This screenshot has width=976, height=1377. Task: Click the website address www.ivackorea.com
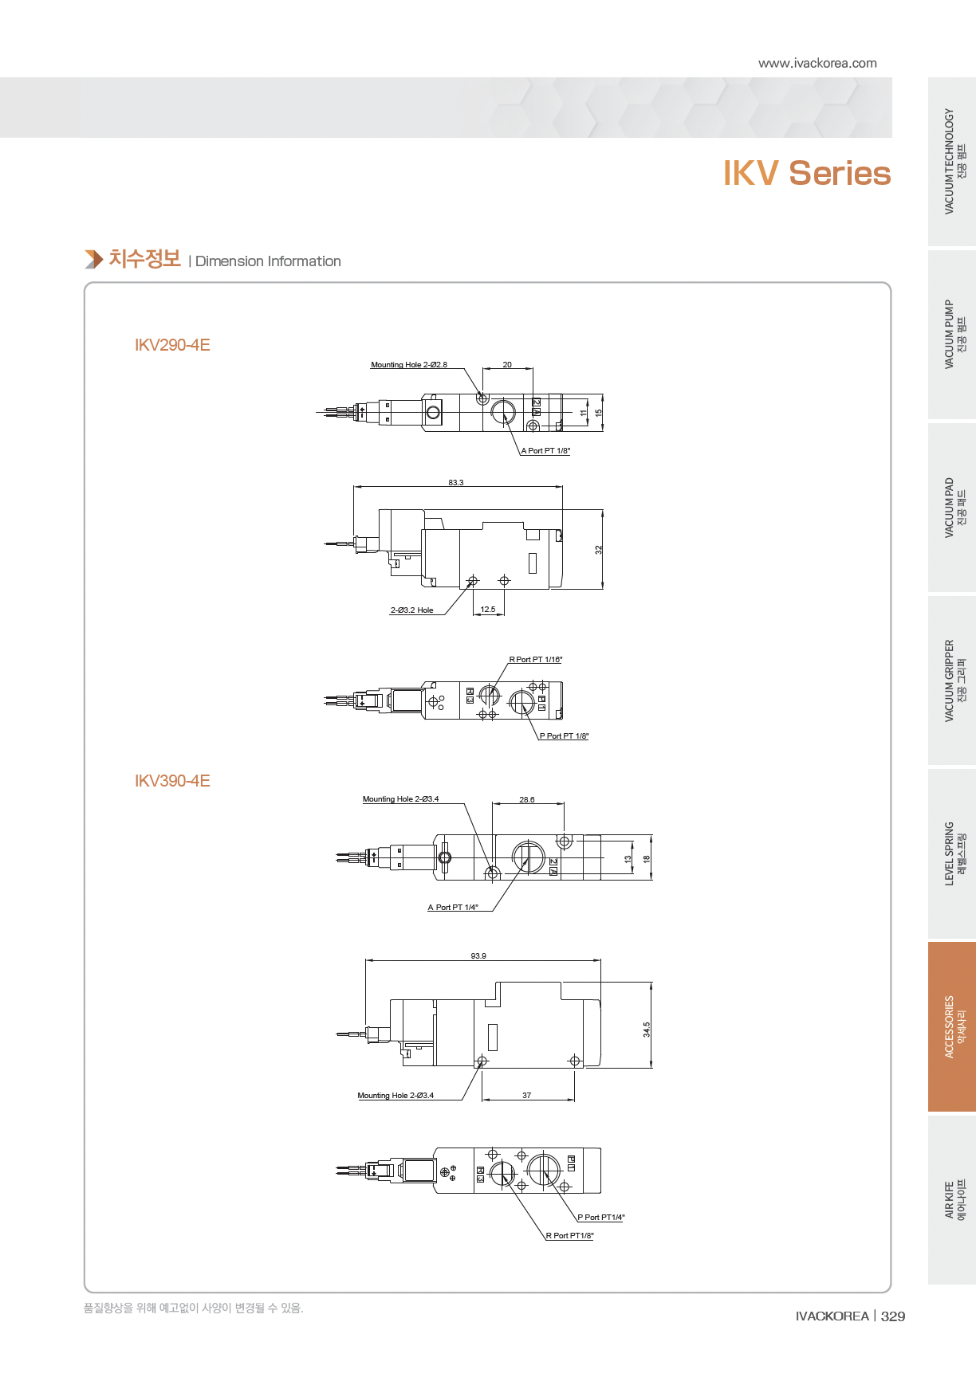click(817, 63)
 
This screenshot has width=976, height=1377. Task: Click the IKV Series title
click(807, 173)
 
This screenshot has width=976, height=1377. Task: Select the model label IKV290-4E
click(172, 345)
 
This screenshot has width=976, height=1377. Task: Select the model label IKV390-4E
click(172, 781)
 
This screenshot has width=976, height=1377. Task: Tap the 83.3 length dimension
click(456, 483)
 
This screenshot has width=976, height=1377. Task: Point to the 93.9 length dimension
click(478, 956)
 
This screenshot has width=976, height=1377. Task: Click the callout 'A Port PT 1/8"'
click(545, 451)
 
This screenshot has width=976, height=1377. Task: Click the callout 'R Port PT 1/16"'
click(536, 660)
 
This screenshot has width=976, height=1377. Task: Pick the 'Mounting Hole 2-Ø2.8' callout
click(409, 365)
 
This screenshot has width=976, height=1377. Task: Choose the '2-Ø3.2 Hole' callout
click(411, 610)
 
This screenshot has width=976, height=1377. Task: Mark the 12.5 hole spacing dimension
click(488, 610)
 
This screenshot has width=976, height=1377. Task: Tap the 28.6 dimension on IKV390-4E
click(527, 800)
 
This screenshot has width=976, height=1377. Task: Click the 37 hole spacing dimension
click(527, 1096)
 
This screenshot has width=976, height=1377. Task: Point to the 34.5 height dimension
click(647, 1030)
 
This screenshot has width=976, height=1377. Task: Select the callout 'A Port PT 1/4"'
click(453, 908)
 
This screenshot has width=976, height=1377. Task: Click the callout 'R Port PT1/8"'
click(569, 1236)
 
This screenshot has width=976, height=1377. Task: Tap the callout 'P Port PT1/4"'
click(601, 1218)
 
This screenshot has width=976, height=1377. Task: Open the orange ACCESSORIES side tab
click(952, 1027)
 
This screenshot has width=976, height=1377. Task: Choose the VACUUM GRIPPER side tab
click(952, 681)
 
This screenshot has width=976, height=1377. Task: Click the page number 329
click(893, 1316)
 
